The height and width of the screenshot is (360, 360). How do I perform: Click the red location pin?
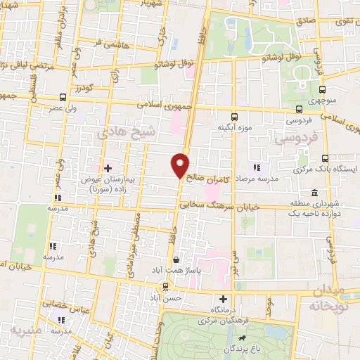[x=181, y=165]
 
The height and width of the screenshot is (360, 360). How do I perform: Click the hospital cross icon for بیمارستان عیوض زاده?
[x=108, y=168]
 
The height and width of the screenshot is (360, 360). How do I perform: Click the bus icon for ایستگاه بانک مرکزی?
[x=325, y=158]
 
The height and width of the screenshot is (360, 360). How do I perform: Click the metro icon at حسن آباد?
[x=166, y=286]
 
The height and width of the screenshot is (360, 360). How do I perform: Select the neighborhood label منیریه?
[x=27, y=328]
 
